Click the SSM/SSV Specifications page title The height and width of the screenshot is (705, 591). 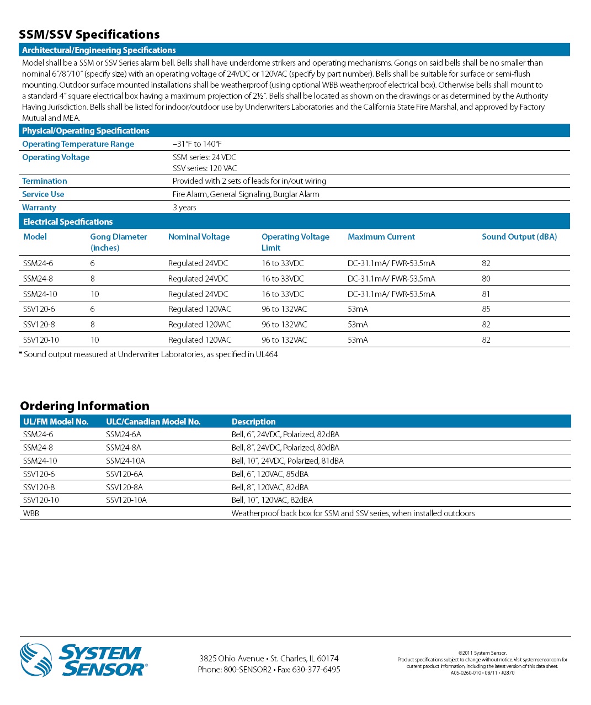pos(89,34)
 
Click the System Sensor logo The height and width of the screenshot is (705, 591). pos(83,660)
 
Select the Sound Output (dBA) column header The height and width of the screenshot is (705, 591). pos(519,237)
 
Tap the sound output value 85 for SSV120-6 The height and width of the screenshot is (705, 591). pos(486,309)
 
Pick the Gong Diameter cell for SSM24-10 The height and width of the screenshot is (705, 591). pos(95,294)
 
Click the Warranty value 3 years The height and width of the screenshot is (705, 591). pos(184,208)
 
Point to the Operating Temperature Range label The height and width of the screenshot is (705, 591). pos(78,144)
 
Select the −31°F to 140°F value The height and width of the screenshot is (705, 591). pos(197,144)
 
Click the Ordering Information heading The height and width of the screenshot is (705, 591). pos(84,406)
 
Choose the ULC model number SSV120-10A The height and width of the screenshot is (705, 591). pos(126,500)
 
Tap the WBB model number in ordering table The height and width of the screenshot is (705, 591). pos(31,513)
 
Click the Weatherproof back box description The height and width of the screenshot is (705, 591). pos(353,513)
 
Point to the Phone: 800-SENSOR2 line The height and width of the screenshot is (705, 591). pos(269,670)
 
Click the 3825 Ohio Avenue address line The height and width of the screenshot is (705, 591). pos(269,659)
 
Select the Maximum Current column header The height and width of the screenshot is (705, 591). pos(381,237)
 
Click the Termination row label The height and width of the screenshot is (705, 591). pos(44,181)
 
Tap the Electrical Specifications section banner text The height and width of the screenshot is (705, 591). pos(68,222)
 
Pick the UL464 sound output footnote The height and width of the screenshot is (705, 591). pos(148,354)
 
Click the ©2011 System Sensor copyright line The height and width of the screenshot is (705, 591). pos(482,653)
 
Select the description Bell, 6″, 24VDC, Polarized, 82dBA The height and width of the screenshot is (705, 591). pos(285,434)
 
